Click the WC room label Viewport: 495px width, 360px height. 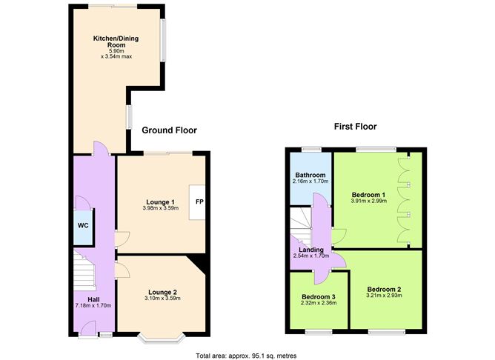point(83,226)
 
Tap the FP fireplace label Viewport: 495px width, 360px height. point(199,201)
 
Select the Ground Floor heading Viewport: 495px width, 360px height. point(169,130)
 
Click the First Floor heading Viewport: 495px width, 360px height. point(356,127)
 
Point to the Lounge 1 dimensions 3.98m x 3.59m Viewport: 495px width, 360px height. point(160,208)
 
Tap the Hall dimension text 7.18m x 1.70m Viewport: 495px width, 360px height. point(93,305)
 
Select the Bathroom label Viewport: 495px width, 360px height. point(310,175)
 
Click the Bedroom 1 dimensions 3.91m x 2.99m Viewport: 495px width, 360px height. point(369,201)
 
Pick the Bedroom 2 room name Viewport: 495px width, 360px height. point(384,289)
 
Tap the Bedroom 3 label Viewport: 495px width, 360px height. point(319,297)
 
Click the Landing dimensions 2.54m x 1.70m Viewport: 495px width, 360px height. point(311,256)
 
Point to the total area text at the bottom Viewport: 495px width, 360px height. point(246,356)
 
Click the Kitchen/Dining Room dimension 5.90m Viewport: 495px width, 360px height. point(116,51)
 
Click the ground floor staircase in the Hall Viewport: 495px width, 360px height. point(84,270)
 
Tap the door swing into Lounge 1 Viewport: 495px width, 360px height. point(122,239)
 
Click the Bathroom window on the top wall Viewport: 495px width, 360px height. point(311,149)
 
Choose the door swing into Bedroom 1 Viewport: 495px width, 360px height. point(339,236)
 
